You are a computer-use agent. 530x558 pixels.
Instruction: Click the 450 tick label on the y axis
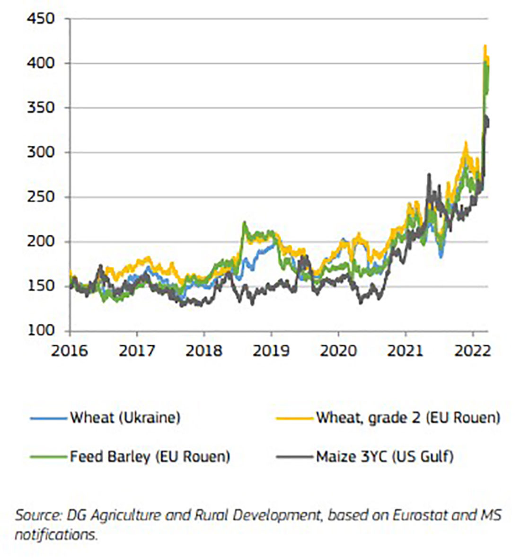tap(41, 19)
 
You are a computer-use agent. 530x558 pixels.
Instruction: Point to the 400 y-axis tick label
tap(41, 63)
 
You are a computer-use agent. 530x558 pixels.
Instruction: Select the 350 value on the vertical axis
tap(41, 107)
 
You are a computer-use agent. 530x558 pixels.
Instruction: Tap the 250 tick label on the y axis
tap(41, 196)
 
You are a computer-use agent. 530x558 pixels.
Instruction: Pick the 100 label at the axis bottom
tap(41, 330)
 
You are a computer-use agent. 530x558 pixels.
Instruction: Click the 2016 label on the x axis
tap(70, 351)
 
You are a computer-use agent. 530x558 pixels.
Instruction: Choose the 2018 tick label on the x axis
tap(204, 351)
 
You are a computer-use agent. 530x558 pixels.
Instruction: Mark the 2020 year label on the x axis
tap(338, 351)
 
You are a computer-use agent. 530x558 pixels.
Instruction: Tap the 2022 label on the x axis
tap(472, 351)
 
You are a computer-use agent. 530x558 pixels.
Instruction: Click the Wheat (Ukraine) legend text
tap(125, 418)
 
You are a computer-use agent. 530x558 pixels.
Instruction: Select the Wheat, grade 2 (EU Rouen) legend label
tap(408, 418)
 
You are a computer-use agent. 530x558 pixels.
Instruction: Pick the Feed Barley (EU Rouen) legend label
tap(150, 457)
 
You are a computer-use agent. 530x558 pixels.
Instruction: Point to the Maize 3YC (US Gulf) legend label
tap(385, 457)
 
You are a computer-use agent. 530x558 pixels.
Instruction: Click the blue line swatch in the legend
tap(49, 418)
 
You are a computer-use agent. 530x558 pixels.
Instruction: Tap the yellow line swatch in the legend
tap(295, 418)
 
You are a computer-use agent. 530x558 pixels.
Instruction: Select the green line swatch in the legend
tap(49, 457)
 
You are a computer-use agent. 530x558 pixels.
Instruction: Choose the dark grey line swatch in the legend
tap(295, 457)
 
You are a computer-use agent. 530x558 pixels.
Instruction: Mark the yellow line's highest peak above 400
tap(485, 46)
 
